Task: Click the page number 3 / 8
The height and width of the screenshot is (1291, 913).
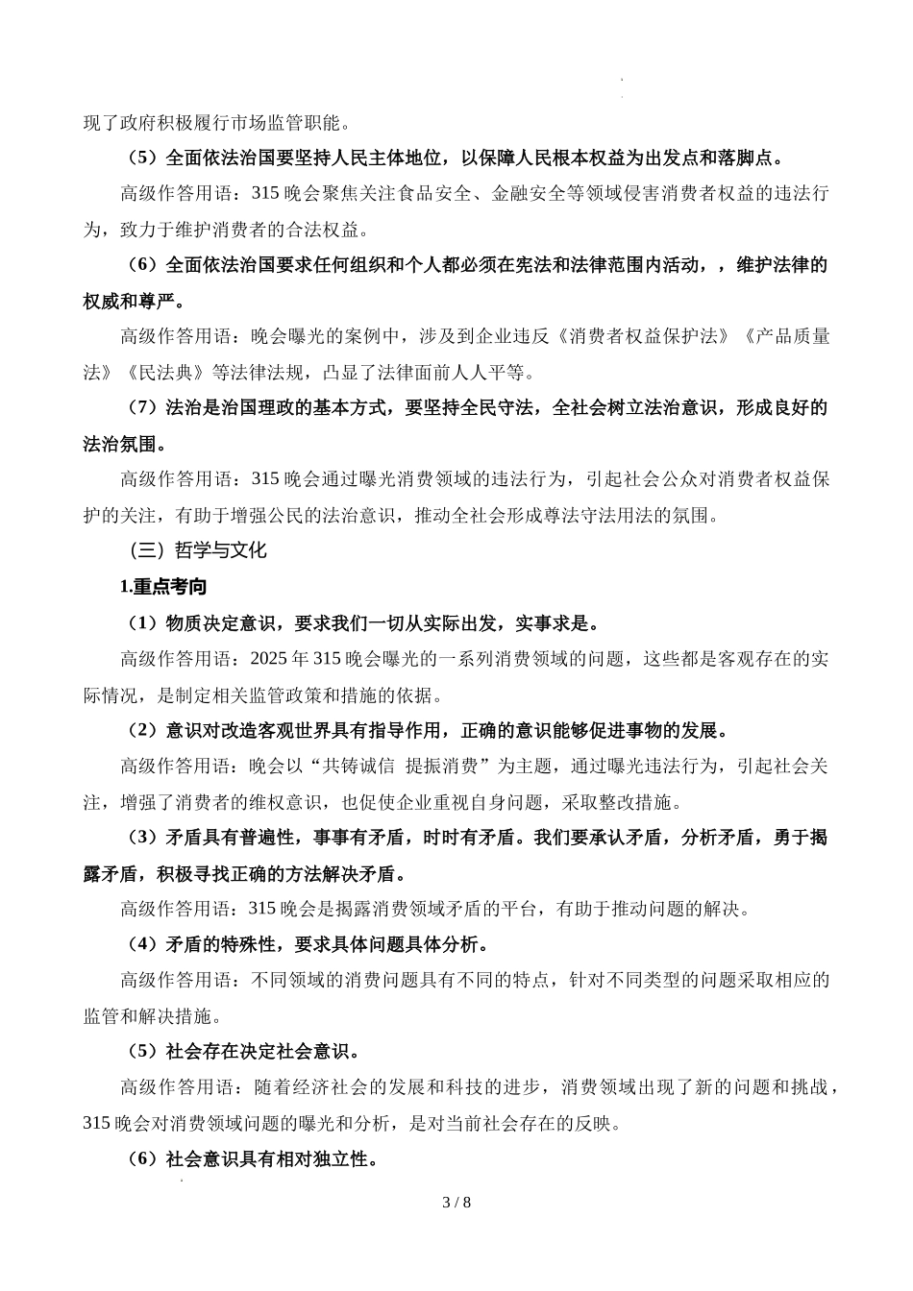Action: [x=456, y=1203]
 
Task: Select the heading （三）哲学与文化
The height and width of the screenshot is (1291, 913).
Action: [x=197, y=551]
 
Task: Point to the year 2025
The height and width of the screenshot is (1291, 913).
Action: [x=266, y=659]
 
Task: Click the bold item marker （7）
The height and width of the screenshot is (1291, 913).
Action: [x=142, y=408]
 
